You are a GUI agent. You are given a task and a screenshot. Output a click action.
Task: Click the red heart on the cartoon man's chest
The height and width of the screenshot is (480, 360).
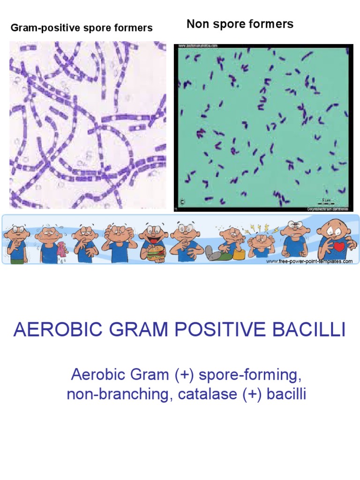pyautogui.click(x=338, y=246)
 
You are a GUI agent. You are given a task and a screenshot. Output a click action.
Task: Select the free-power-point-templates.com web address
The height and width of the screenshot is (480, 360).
pyautogui.click(x=309, y=262)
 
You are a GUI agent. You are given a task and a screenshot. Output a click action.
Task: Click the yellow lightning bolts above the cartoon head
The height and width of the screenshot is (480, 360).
pyautogui.click(x=259, y=229)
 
